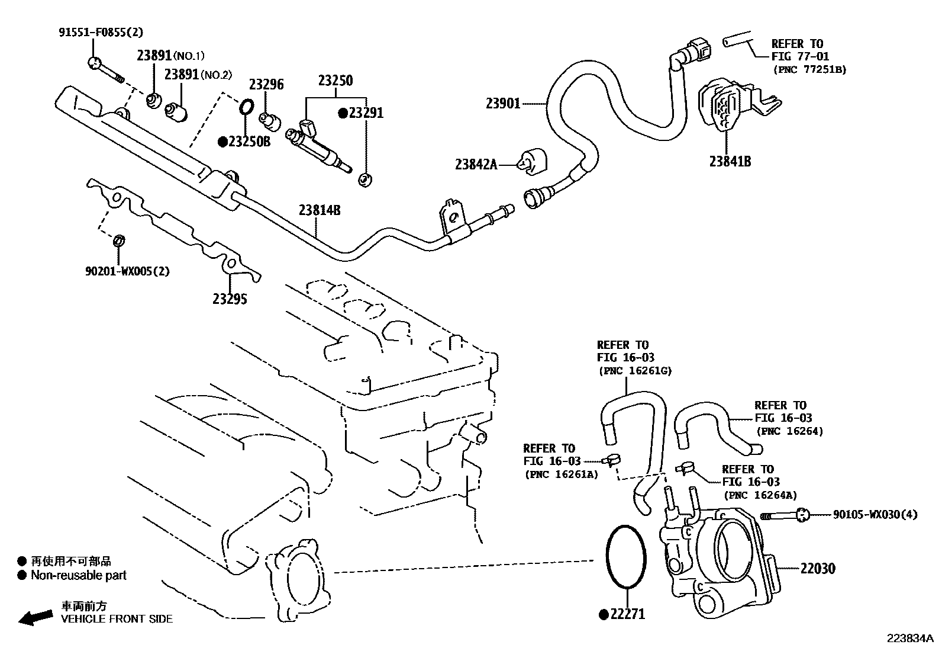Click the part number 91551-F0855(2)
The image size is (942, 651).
(x=101, y=33)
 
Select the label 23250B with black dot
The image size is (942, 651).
(x=244, y=142)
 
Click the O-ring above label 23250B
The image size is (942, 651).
(x=247, y=107)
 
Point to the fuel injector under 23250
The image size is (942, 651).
(x=320, y=148)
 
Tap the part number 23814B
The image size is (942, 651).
(x=319, y=210)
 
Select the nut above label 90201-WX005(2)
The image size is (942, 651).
(x=118, y=240)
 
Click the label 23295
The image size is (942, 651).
(x=230, y=299)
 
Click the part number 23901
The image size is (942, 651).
(x=503, y=104)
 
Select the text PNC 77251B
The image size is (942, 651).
(x=809, y=70)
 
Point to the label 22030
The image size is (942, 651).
(x=818, y=569)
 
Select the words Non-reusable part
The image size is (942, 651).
(x=78, y=575)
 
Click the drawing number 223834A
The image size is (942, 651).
(x=909, y=639)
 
